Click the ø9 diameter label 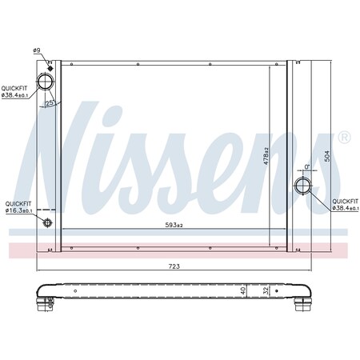pyautogui.click(x=38, y=51)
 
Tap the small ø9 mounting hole pyautogui.click(x=50, y=64)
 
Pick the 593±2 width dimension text pyautogui.click(x=174, y=225)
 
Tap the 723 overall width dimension pyautogui.click(x=174, y=265)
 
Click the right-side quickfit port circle pyautogui.click(x=305, y=187)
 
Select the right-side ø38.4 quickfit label pyautogui.click(x=345, y=204)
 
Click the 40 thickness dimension pyautogui.click(x=242, y=290)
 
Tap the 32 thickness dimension pyautogui.click(x=265, y=291)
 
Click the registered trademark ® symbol pyautogui.click(x=344, y=138)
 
